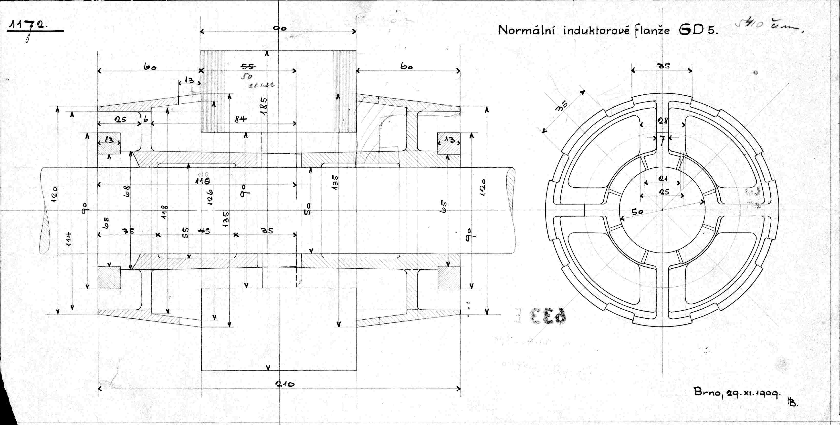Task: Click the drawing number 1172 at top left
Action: [28, 26]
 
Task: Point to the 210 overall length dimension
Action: [284, 384]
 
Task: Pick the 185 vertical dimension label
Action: [264, 106]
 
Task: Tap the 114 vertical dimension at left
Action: [68, 239]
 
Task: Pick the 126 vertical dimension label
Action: [210, 197]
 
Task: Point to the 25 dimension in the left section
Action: [120, 119]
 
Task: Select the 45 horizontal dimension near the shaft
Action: [204, 231]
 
